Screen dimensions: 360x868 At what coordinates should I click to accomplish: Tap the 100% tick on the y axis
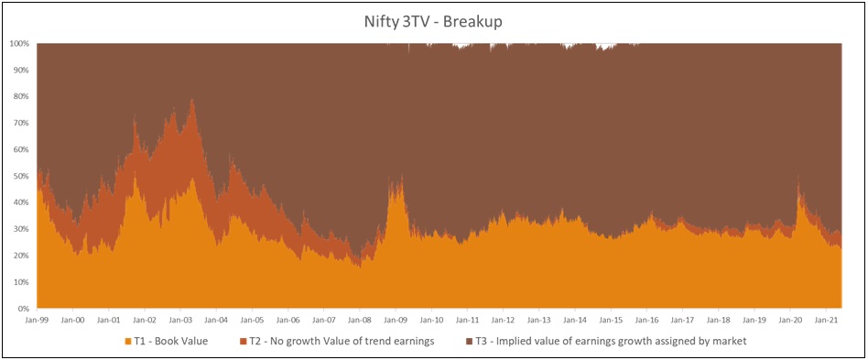[x=21, y=43]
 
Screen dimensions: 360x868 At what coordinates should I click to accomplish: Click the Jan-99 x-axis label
[x=37, y=321]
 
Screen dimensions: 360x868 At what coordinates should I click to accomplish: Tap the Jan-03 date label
[x=180, y=321]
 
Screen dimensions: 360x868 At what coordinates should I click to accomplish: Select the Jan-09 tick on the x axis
[x=396, y=321]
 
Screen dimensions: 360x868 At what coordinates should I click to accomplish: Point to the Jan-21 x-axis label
[x=827, y=321]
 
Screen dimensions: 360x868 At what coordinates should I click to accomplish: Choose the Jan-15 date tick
[x=611, y=321]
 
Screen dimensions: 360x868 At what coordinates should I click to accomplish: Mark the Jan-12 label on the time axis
[x=504, y=321]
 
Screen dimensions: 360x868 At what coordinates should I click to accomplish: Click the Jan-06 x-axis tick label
[x=288, y=321]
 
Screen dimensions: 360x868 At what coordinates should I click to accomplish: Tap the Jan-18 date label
[x=719, y=321]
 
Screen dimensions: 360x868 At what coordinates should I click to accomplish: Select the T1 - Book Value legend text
[x=171, y=342]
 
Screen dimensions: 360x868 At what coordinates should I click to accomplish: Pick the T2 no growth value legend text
[x=338, y=342]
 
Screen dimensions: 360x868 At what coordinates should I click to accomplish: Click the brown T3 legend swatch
[x=470, y=342]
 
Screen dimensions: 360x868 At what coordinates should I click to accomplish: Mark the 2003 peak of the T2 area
[x=191, y=100]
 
